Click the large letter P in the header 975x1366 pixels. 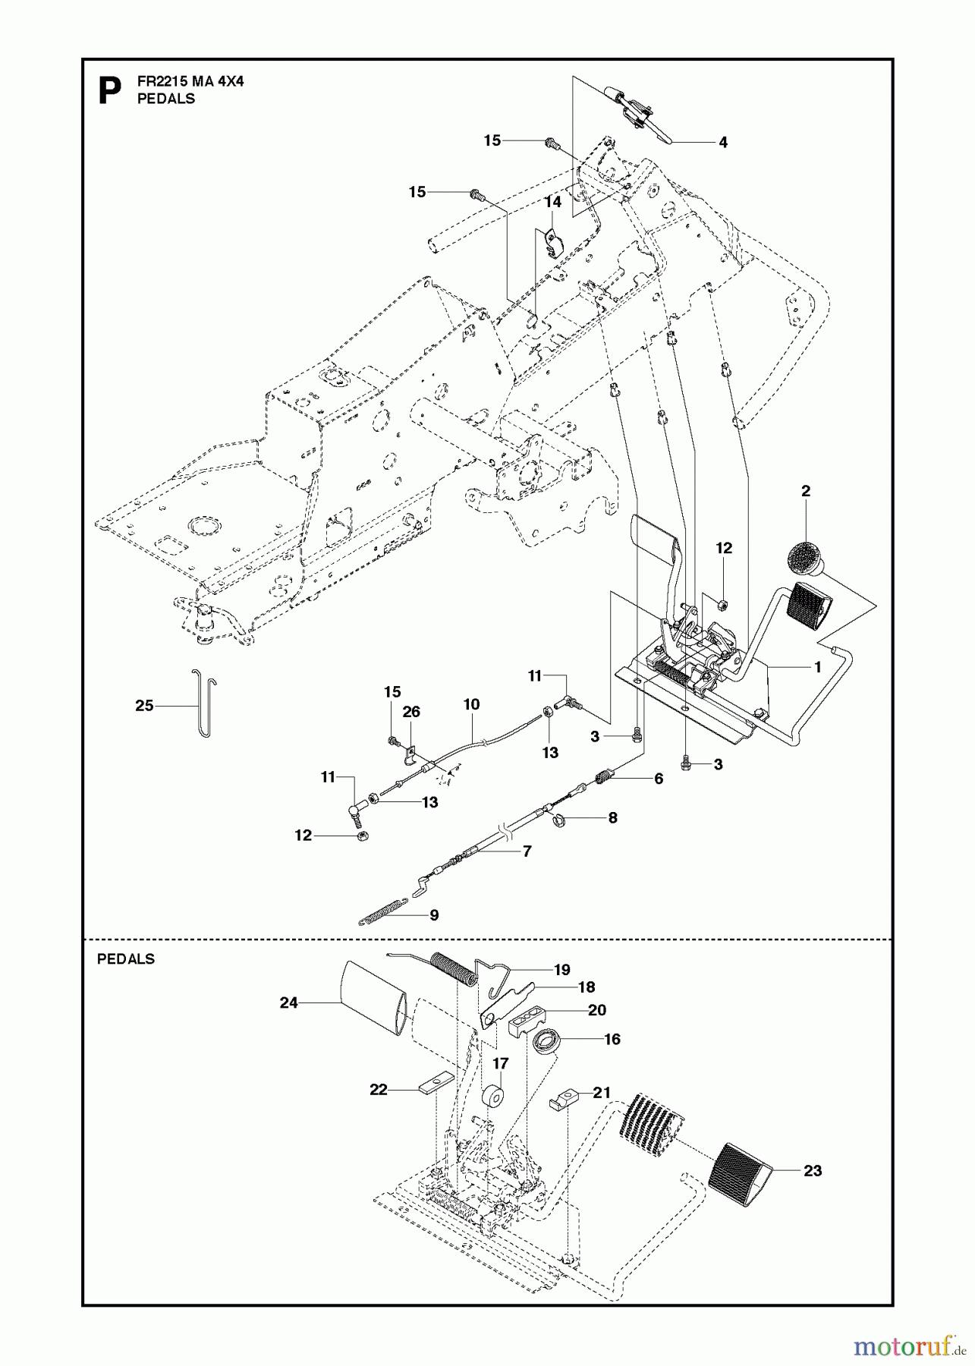[x=110, y=91]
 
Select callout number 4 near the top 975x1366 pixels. [x=722, y=142]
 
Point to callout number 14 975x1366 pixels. [x=552, y=202]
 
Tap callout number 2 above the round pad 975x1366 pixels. [x=805, y=491]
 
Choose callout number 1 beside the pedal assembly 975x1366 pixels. [x=817, y=667]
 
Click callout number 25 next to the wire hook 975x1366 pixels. [x=144, y=706]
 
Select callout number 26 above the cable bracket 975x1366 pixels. [x=410, y=712]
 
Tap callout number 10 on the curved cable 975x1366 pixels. [x=471, y=704]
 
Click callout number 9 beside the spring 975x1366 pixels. [x=434, y=915]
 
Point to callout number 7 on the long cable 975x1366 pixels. [x=527, y=851]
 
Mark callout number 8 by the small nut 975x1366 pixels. [x=612, y=818]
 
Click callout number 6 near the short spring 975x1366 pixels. [x=658, y=779]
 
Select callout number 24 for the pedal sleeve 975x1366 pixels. [x=288, y=1002]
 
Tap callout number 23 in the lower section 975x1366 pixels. [x=812, y=1171]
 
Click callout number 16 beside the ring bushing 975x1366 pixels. [x=612, y=1039]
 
